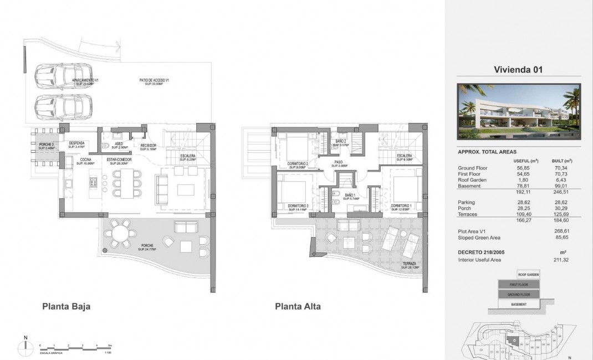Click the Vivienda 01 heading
(518, 70)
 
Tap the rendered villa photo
(519, 111)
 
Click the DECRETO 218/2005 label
(482, 252)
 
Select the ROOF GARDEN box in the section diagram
(528, 275)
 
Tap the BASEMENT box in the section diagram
(519, 304)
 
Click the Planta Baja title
(66, 306)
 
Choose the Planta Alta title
(298, 306)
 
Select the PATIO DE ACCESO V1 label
(154, 81)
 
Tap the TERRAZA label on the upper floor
(410, 264)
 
